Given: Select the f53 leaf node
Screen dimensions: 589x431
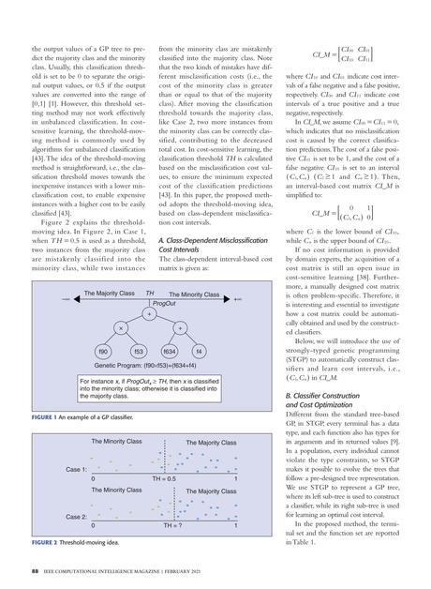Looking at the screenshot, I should pos(138,351).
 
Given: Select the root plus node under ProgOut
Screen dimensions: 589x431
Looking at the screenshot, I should pos(150,313).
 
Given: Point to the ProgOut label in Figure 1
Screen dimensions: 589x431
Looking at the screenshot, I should pos(164,304).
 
